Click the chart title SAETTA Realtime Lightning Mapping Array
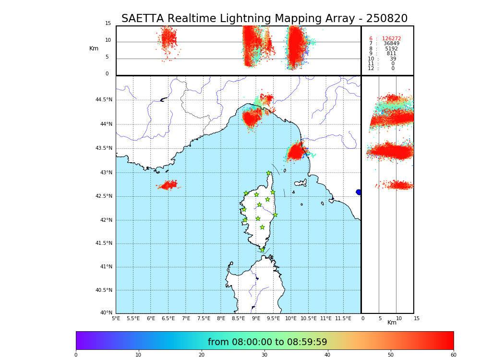pos(264,19)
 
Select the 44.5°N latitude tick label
pos(104,100)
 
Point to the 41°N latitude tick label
pos(106,267)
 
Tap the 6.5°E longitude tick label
pos(168,318)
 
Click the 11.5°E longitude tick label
pos(343,318)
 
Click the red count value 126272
pos(391,38)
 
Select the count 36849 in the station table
pos(391,44)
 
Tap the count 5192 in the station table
pos(391,49)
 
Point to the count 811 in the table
pos(391,54)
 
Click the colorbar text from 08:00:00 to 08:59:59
pos(267,342)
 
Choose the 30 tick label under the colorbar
pos(264,355)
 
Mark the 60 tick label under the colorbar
pos(453,355)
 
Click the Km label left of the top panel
pos(94,48)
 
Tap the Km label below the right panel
pos(392,323)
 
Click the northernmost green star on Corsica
pos(269,173)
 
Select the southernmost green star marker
pos(262,250)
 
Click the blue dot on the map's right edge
pos(359,192)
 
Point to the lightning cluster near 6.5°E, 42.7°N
pos(168,185)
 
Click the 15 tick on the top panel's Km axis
pos(108,24)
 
